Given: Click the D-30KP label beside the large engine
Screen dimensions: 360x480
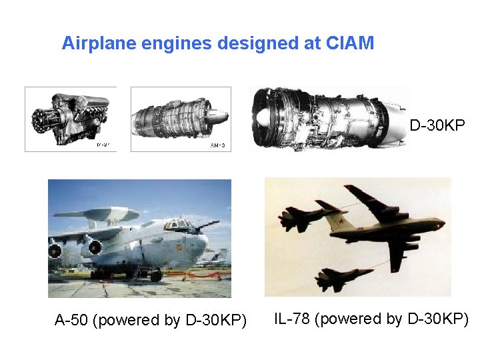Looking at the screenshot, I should (x=437, y=125).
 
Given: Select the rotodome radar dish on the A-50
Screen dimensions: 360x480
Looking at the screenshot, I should (x=107, y=214).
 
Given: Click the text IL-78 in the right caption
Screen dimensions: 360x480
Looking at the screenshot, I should (x=292, y=319).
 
